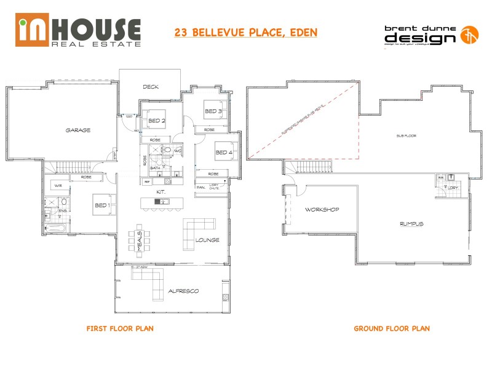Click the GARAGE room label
click(x=79, y=130)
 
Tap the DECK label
click(x=151, y=87)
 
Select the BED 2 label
click(x=157, y=121)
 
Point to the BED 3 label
click(x=213, y=111)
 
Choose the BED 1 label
click(x=101, y=205)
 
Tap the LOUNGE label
click(x=207, y=240)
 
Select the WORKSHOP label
click(x=322, y=210)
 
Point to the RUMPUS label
click(x=412, y=224)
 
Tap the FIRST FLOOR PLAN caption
click(x=120, y=328)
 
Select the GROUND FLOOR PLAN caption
click(x=392, y=328)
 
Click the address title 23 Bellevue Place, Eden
click(x=245, y=32)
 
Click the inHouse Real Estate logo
click(x=79, y=32)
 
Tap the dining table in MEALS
click(x=136, y=241)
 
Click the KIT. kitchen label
click(x=161, y=192)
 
